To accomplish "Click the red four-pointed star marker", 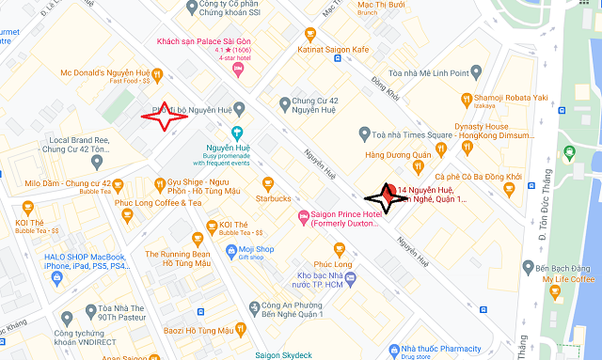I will (x=166, y=117).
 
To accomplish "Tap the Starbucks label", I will (x=274, y=198).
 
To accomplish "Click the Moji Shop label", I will (x=256, y=249).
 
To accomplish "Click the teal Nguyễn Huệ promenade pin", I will (x=237, y=132).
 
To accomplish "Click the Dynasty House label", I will (x=482, y=126).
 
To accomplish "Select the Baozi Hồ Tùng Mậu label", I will (x=183, y=330).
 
